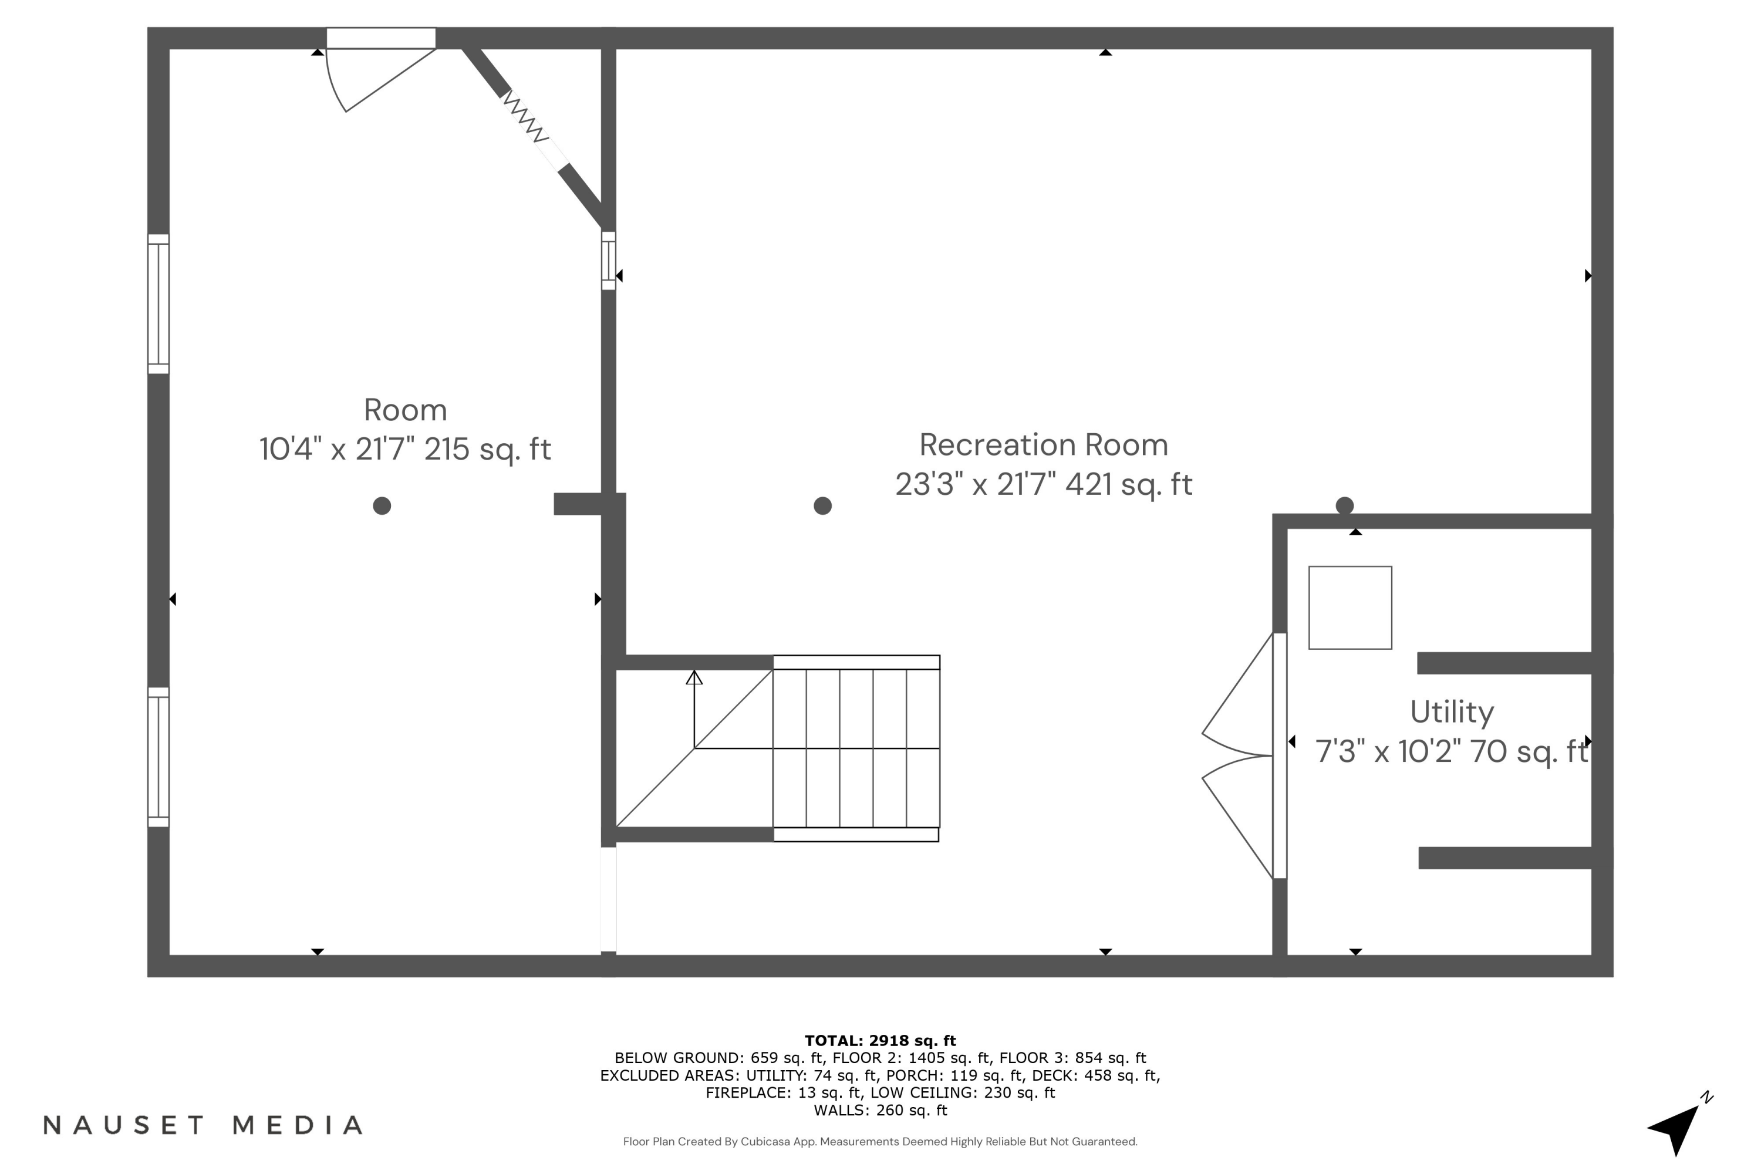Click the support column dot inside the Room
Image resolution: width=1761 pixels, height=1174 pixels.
coord(382,506)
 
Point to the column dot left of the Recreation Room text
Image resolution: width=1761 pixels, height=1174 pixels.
coord(822,506)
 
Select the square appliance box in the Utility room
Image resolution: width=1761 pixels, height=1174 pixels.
coord(1350,608)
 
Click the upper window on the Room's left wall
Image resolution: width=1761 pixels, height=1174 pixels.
coord(158,304)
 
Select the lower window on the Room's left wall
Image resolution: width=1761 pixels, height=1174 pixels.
coord(158,757)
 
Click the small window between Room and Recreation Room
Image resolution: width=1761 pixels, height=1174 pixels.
coord(609,261)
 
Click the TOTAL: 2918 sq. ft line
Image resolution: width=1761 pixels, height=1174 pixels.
coord(880,1041)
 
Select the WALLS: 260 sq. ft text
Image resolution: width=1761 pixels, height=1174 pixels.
coord(880,1111)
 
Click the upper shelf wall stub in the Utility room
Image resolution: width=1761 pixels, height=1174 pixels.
coord(1505,663)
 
